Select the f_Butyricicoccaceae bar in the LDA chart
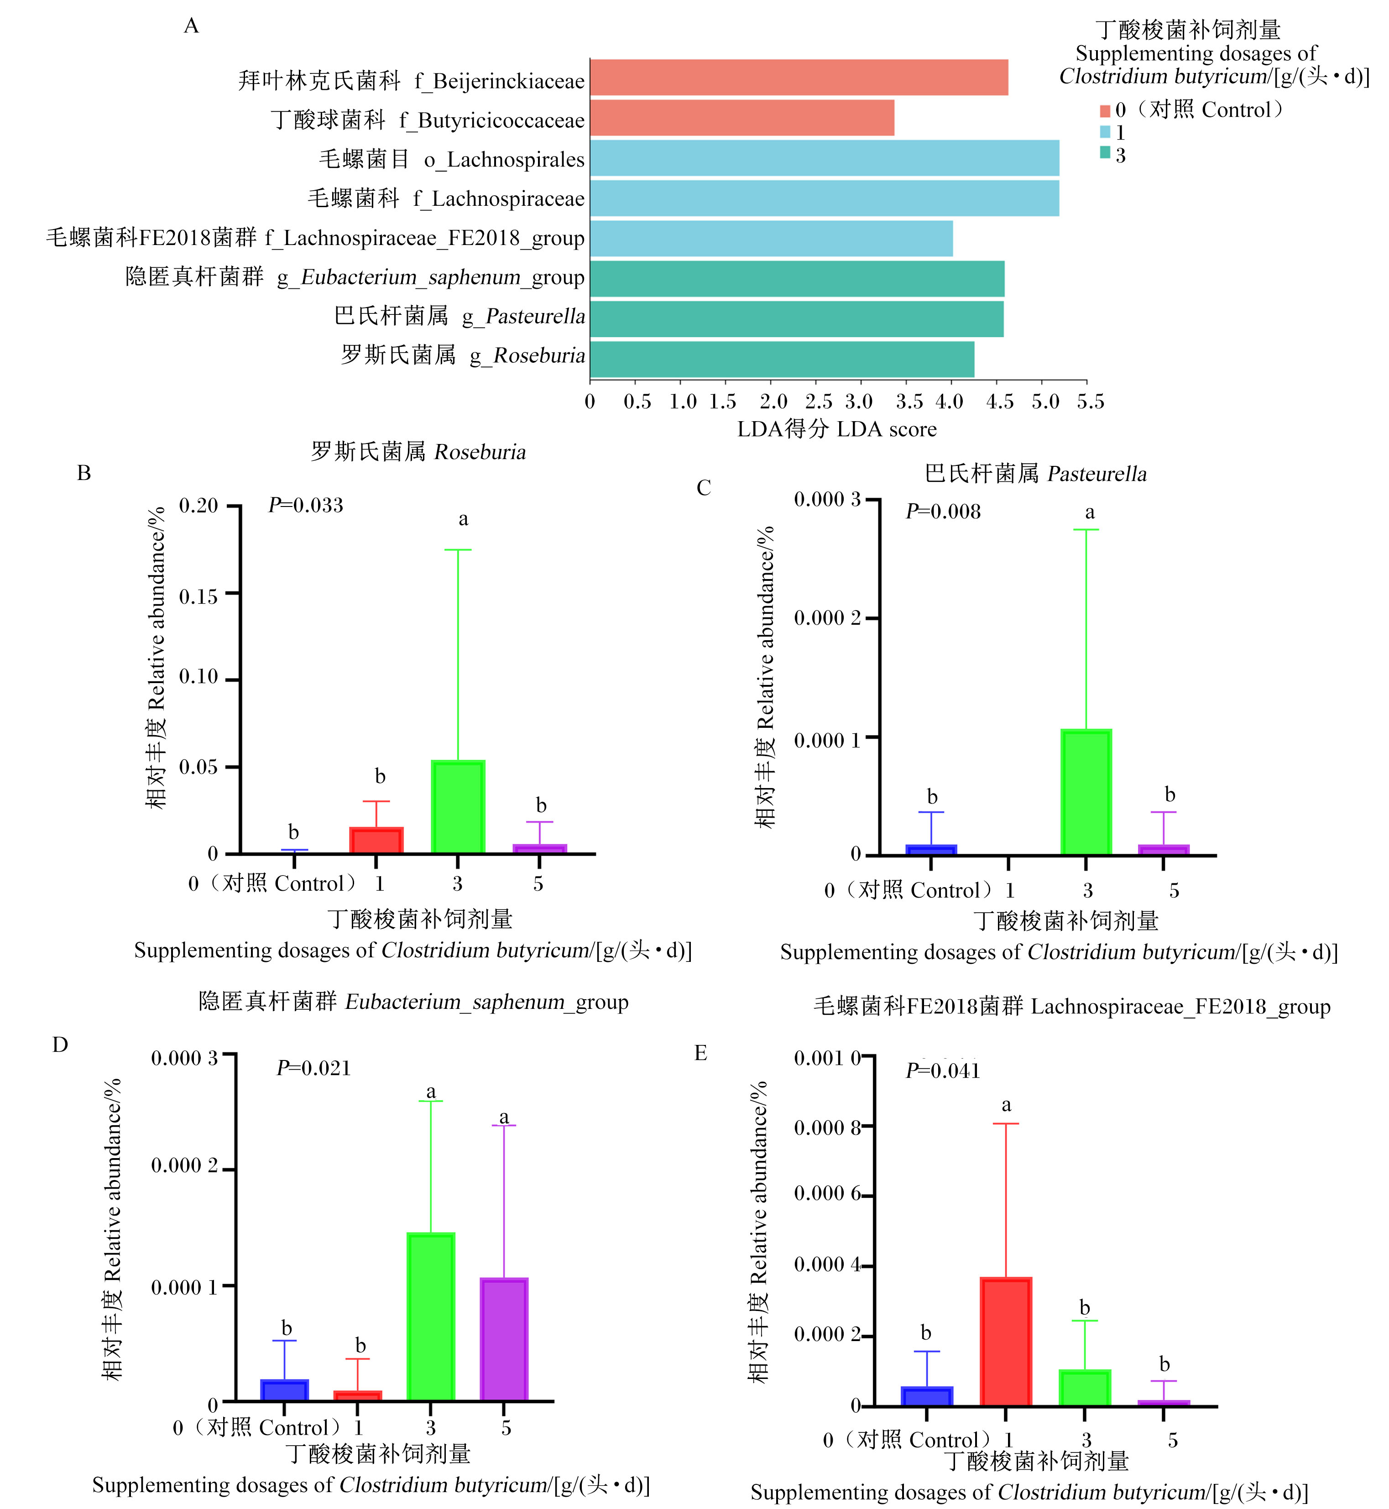pos(742,118)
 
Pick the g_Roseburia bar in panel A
pos(783,359)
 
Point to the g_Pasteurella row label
pos(460,316)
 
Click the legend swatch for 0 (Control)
pos(1105,111)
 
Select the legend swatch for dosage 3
pos(1105,152)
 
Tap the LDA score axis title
pos(837,429)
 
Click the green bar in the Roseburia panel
pos(458,807)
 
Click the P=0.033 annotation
pos(306,505)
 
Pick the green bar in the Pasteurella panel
pos(1086,792)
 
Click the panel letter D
pos(60,1044)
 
